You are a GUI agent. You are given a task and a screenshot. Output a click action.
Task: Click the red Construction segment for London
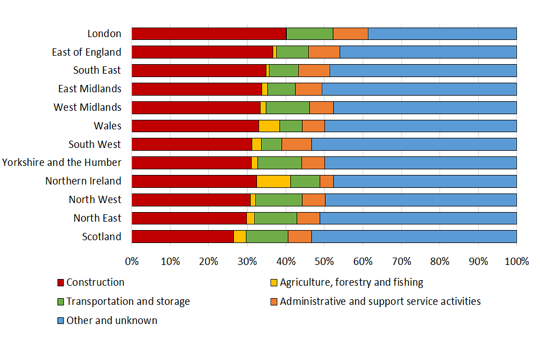pos(209,33)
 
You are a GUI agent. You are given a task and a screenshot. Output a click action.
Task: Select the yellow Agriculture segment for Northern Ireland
pos(273,181)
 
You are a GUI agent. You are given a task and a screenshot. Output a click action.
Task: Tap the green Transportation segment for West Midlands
pos(287,107)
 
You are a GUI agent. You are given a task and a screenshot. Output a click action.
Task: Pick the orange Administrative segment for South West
pos(296,144)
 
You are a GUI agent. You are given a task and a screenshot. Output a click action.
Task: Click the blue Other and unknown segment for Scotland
pos(414,236)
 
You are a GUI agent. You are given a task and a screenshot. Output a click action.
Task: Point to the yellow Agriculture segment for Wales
pos(269,125)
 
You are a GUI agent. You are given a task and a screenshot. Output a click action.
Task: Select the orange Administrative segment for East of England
pos(324,52)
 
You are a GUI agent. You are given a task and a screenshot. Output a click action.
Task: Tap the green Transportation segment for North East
pos(276,218)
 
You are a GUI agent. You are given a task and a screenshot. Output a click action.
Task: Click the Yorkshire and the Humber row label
pos(61,163)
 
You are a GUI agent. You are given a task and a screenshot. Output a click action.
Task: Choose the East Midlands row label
pos(89,88)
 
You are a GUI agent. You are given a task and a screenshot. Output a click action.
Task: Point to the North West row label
pos(94,200)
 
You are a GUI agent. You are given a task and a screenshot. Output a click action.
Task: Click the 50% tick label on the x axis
pos(324,262)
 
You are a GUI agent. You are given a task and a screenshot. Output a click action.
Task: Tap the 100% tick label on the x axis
pos(516,262)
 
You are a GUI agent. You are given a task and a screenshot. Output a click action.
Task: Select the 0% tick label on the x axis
pos(132,262)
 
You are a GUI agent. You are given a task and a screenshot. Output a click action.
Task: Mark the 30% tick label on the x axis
pos(247,262)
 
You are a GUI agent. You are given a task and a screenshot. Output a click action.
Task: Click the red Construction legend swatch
pos(61,282)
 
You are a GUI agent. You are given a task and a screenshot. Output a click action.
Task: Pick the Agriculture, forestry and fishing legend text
pos(352,282)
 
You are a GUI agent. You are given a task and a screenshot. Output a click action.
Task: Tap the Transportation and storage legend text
pos(128,301)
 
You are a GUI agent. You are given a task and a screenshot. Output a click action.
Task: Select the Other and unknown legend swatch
pos(61,321)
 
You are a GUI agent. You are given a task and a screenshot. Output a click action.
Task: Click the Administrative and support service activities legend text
pos(380,301)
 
